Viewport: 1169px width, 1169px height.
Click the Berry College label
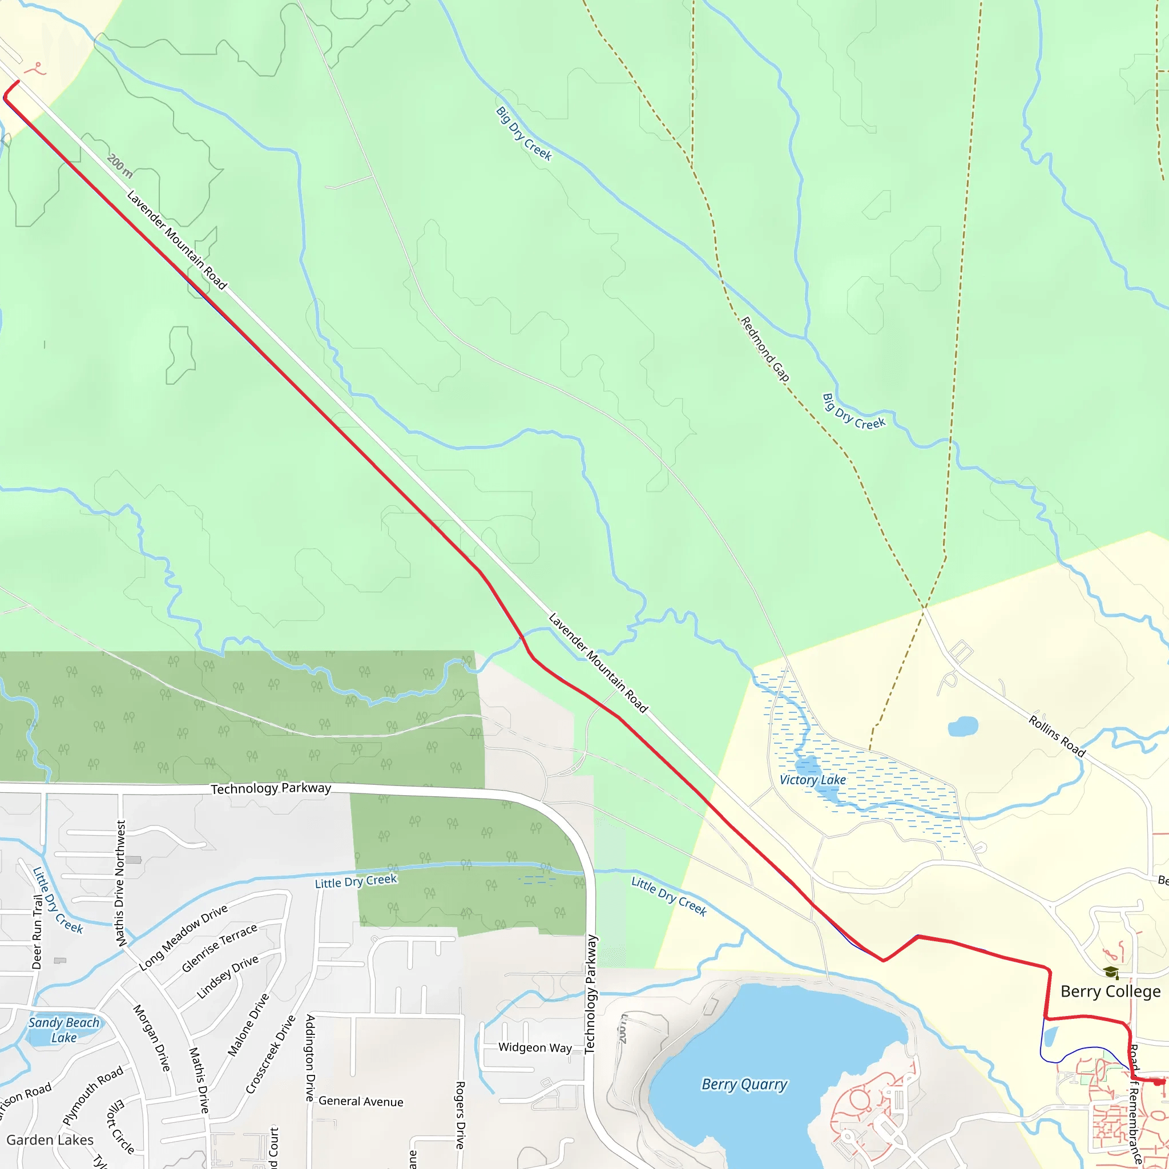coord(1110,991)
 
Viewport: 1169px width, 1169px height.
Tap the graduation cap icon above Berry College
coord(1111,972)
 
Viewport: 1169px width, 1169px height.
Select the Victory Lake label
coord(813,780)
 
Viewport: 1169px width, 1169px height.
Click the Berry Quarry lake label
coord(744,1085)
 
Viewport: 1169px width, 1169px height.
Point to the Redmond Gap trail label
coord(765,349)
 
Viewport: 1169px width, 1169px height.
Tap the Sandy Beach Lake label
coord(63,1030)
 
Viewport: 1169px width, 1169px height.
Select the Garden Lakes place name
coord(50,1140)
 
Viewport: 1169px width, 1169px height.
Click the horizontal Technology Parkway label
coord(271,788)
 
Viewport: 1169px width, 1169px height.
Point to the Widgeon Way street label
coord(535,1047)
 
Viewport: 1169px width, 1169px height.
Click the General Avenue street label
coord(361,1101)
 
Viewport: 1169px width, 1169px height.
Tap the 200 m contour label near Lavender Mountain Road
coord(120,166)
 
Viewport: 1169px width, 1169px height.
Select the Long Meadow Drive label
coord(183,938)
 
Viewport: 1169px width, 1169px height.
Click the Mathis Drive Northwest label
coord(120,884)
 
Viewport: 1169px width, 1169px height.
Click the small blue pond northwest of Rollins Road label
coord(963,726)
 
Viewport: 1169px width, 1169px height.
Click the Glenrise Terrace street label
coord(219,948)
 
